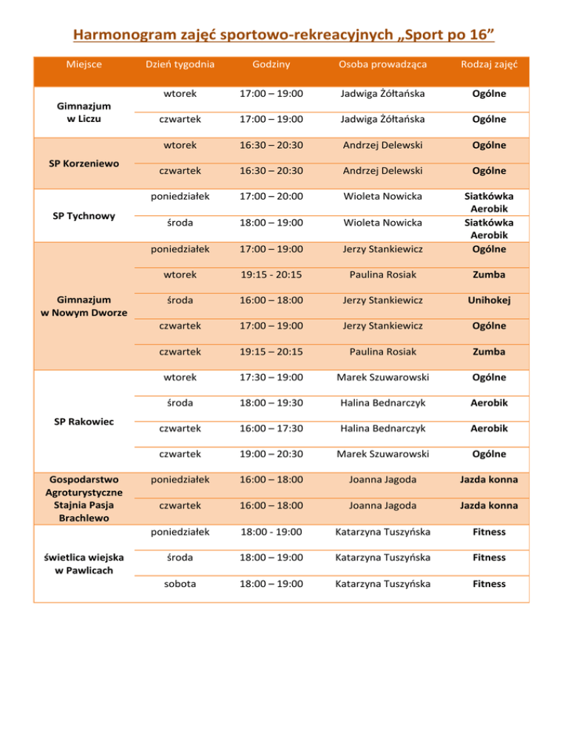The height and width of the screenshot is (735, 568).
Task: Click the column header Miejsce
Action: pyautogui.click(x=84, y=64)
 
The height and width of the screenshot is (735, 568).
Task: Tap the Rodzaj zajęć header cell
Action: pyautogui.click(x=488, y=64)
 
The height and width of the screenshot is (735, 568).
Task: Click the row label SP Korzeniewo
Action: pyautogui.click(x=84, y=163)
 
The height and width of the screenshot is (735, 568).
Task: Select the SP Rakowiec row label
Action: pyautogui.click(x=84, y=421)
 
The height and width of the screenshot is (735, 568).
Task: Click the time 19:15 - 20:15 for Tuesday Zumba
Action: pyautogui.click(x=271, y=274)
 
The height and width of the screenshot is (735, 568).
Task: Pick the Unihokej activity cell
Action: pyautogui.click(x=488, y=299)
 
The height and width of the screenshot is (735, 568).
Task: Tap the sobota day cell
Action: pyautogui.click(x=180, y=583)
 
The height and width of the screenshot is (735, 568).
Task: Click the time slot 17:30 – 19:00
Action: pyautogui.click(x=271, y=377)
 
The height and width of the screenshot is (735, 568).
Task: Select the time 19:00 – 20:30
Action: pyautogui.click(x=271, y=453)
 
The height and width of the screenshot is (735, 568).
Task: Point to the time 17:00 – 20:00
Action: pyautogui.click(x=271, y=197)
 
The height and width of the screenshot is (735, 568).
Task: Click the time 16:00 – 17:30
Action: pyautogui.click(x=271, y=428)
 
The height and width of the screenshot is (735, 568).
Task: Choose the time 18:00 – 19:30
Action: pyautogui.click(x=271, y=402)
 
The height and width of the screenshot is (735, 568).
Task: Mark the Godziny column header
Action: pyautogui.click(x=271, y=64)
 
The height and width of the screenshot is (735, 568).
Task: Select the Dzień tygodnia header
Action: pyautogui.click(x=180, y=64)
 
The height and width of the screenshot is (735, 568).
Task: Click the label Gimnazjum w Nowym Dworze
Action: pyautogui.click(x=84, y=305)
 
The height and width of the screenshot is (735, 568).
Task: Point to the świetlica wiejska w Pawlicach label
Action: pyautogui.click(x=84, y=563)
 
